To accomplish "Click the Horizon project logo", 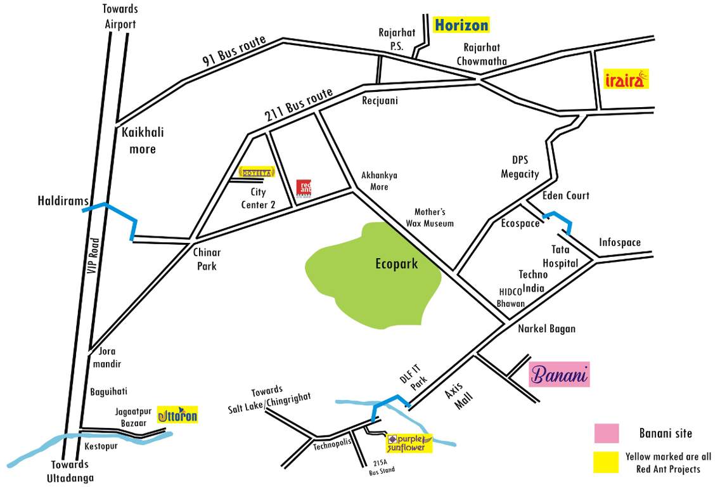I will [461, 25].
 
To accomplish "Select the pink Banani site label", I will [560, 375].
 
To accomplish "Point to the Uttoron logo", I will [177, 415].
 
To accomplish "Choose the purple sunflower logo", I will [409, 442].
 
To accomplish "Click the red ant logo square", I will [304, 188].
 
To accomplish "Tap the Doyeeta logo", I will [256, 171].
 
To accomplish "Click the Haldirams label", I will [61, 201].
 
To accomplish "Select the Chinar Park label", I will [207, 259].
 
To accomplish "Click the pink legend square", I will [607, 434].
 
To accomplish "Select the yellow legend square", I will [607, 462].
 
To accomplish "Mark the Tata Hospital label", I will [560, 256].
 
